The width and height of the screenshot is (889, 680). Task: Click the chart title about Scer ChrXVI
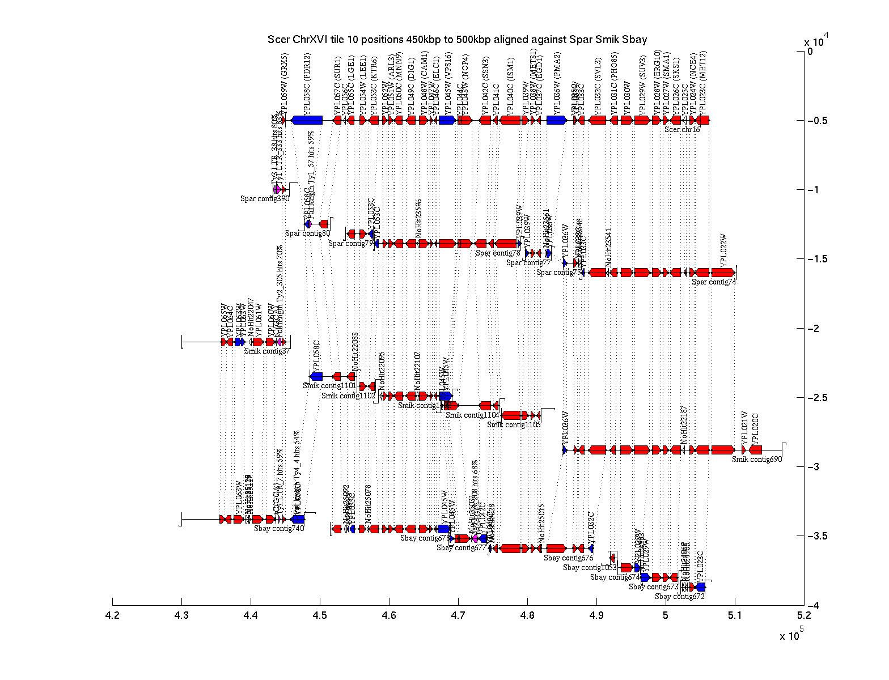[x=457, y=40]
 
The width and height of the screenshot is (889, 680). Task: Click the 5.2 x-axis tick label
[x=803, y=615]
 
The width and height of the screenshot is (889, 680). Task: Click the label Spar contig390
[x=265, y=199]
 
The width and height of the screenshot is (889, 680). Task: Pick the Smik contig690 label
[x=757, y=460]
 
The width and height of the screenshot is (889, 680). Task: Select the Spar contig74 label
[x=714, y=282]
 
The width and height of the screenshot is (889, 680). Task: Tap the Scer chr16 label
[x=682, y=130]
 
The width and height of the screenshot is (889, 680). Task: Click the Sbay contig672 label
[x=680, y=597]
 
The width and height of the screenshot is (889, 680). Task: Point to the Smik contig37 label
[x=267, y=351]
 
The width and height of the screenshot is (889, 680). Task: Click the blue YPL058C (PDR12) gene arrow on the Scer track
[x=307, y=120]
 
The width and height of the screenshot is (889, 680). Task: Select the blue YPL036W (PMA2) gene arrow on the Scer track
[x=557, y=120]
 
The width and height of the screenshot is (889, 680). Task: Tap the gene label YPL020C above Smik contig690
[x=755, y=428]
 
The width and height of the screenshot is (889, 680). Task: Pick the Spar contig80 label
[x=307, y=233]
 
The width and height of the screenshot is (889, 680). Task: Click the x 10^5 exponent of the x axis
[x=791, y=635]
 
